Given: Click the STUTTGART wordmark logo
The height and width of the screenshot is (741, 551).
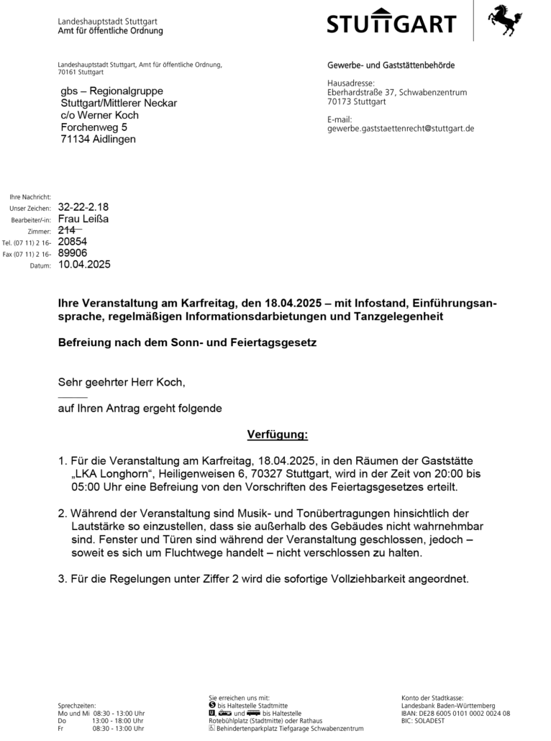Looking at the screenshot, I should (x=391, y=23).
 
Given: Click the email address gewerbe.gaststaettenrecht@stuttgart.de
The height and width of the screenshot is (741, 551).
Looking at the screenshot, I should (x=401, y=129).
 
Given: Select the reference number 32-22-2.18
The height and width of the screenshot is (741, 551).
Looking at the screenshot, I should (x=83, y=207).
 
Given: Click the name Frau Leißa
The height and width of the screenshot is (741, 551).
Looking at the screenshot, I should (x=83, y=219).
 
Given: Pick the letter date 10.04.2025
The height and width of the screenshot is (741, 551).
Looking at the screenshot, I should (x=84, y=265).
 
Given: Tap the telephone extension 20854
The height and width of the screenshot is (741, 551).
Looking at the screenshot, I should (x=73, y=242).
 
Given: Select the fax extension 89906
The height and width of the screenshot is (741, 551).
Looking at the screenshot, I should (x=73, y=253).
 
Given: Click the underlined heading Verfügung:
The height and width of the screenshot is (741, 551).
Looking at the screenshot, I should (x=277, y=435).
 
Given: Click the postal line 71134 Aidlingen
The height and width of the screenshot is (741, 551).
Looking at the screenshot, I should (x=98, y=139).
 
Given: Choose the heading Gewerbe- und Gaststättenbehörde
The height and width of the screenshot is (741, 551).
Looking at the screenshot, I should (x=391, y=65).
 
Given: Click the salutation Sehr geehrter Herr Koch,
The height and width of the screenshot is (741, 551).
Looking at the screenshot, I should (x=127, y=383).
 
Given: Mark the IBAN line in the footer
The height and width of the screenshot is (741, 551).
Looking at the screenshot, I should (x=455, y=713).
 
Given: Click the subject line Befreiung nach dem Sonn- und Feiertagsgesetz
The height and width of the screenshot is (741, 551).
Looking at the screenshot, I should (x=187, y=343).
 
